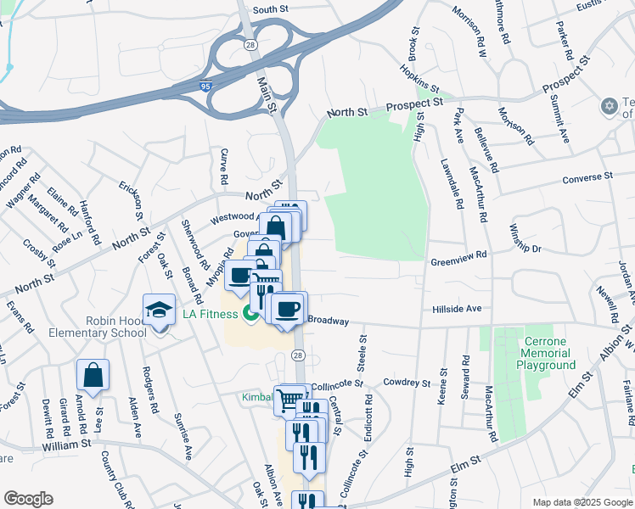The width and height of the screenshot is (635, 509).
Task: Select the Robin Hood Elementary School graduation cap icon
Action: [159, 311]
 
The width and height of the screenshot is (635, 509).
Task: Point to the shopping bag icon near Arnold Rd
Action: [93, 375]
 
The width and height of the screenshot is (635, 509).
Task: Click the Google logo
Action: [28, 498]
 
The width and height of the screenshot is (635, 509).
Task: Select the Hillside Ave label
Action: [456, 310]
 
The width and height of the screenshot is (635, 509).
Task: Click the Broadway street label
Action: [328, 320]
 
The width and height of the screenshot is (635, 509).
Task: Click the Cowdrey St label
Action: [407, 383]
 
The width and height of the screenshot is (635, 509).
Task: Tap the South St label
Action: [271, 9]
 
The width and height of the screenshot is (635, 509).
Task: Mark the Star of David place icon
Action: [608, 106]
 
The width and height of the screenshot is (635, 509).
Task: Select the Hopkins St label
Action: [421, 81]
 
